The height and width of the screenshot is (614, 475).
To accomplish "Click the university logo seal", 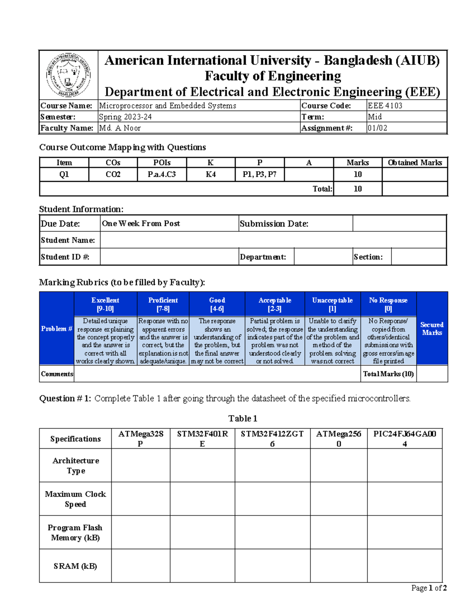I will pos(68,75).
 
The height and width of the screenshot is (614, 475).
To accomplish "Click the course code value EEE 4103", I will pos(385,106).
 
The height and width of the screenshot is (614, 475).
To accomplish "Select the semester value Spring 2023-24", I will pos(125,117).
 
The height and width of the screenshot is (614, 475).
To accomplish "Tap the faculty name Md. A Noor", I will pos(120,128).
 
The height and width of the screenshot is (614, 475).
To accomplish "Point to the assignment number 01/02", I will pos(377,128).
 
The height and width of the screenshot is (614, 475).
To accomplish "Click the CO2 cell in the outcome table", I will pos(113,174).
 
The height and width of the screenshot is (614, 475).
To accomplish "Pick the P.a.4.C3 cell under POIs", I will pos(161,174).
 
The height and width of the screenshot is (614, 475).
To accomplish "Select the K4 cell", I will pos(211,174).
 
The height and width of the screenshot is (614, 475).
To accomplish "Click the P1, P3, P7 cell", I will pos(260,174).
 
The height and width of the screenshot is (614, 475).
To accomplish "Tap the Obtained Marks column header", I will pos(414,162).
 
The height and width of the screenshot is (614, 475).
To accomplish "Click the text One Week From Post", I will pos(141,223).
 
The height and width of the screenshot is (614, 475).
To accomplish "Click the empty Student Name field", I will pos(273,240).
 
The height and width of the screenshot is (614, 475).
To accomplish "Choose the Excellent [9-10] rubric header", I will pos(105,304).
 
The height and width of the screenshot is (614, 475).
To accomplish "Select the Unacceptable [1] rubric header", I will pos(332,304).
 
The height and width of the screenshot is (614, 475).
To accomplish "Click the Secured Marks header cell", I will pos(432,328).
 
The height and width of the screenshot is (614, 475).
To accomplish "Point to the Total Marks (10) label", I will pos(388,374).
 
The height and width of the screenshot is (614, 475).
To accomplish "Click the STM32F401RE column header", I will pos(202,438).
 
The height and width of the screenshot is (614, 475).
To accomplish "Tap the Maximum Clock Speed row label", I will pos(75,499).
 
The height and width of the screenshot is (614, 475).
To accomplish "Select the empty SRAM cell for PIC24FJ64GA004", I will pos(404,566).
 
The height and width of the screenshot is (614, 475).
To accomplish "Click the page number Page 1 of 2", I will pos(429,588).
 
